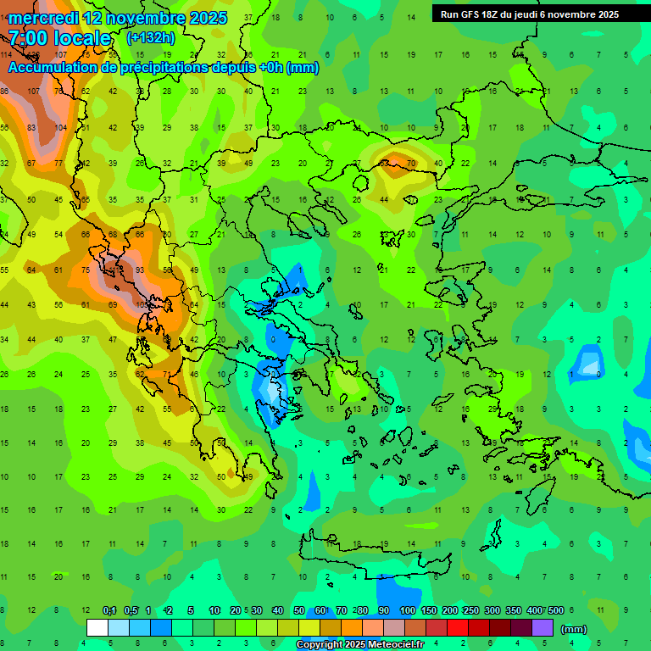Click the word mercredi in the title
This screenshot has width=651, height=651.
pos(43,18)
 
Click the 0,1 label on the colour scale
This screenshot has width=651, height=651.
pos(109,610)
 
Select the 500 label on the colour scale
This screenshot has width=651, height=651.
pos(555,610)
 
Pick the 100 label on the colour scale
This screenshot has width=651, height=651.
pos(407,610)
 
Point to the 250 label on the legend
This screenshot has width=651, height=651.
pos(471,610)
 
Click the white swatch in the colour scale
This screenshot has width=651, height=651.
pos(97,628)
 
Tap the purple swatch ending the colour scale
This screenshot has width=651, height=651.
pos(542,628)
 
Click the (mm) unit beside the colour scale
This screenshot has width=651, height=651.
pos(574,629)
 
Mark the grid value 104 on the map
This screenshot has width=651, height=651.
pos(60,127)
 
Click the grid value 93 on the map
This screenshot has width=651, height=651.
pos(140,270)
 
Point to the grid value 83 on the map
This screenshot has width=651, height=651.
pos(32,127)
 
